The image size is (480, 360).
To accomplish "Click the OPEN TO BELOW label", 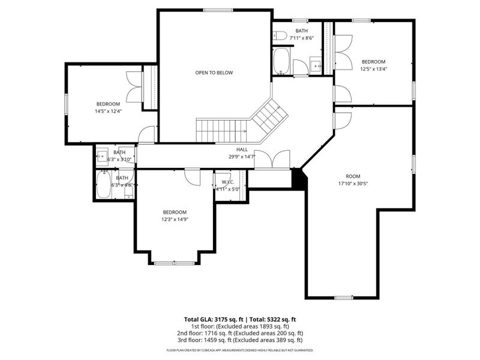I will click(214, 73).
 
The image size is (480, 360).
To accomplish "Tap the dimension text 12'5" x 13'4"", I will click(373, 68).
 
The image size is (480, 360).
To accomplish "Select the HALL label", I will click(242, 149).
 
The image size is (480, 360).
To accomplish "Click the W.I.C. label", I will click(227, 182).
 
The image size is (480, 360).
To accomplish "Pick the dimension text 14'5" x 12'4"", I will click(108, 111).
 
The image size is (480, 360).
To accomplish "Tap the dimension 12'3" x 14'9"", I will click(175, 219).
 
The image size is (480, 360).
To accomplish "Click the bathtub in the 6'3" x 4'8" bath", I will click(103, 185).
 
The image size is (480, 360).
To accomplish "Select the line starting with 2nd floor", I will click(240, 333).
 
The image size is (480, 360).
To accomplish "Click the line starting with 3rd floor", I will click(240, 340).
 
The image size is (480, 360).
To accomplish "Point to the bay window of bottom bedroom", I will click(175, 262).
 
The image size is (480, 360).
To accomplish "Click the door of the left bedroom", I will click(146, 135).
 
